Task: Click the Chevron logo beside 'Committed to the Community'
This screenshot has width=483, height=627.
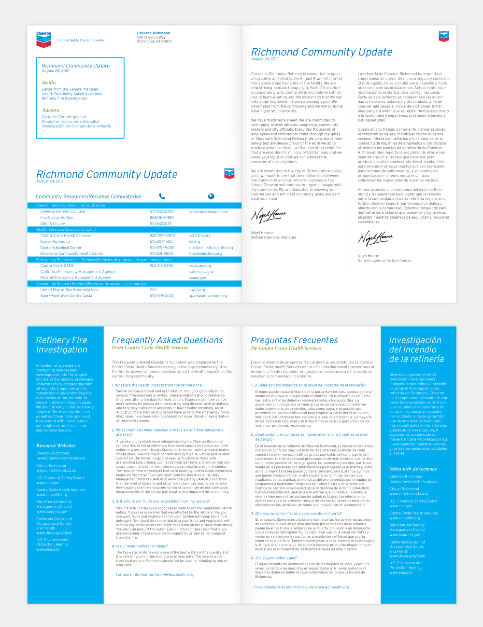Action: (x=43, y=40)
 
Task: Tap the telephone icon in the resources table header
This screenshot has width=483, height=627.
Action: (x=162, y=196)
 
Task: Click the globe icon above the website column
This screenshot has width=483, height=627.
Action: (x=211, y=196)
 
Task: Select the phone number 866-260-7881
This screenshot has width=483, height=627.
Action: (x=161, y=218)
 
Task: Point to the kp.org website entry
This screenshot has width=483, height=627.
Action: (x=195, y=241)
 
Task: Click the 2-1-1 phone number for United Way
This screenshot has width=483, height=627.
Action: (x=153, y=290)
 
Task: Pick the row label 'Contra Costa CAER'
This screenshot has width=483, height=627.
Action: (x=57, y=265)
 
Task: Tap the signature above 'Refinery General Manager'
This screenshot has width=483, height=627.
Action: (x=269, y=215)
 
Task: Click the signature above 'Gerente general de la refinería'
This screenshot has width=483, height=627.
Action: (x=375, y=238)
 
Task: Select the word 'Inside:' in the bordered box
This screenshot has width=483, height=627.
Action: (x=49, y=83)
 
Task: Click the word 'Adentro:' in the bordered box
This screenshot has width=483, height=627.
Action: (x=51, y=110)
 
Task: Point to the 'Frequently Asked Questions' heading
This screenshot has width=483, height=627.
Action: (x=167, y=340)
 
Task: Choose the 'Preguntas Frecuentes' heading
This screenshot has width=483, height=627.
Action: (x=294, y=340)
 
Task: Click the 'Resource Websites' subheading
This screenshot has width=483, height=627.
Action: (x=56, y=446)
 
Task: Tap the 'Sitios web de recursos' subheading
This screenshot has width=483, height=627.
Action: (x=413, y=469)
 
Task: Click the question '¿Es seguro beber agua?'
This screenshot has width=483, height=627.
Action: (x=274, y=558)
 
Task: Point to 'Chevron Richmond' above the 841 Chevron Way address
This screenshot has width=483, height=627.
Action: (x=154, y=33)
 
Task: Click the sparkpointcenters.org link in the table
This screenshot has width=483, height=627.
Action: (x=208, y=296)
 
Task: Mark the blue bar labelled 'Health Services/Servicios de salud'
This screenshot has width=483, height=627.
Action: (x=134, y=230)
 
